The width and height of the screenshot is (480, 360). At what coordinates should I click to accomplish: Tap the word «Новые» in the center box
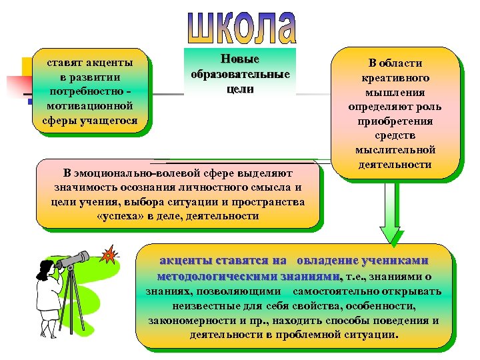(239, 59)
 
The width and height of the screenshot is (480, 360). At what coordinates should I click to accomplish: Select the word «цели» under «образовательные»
(239, 89)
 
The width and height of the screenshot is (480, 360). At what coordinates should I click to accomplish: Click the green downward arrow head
(392, 236)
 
